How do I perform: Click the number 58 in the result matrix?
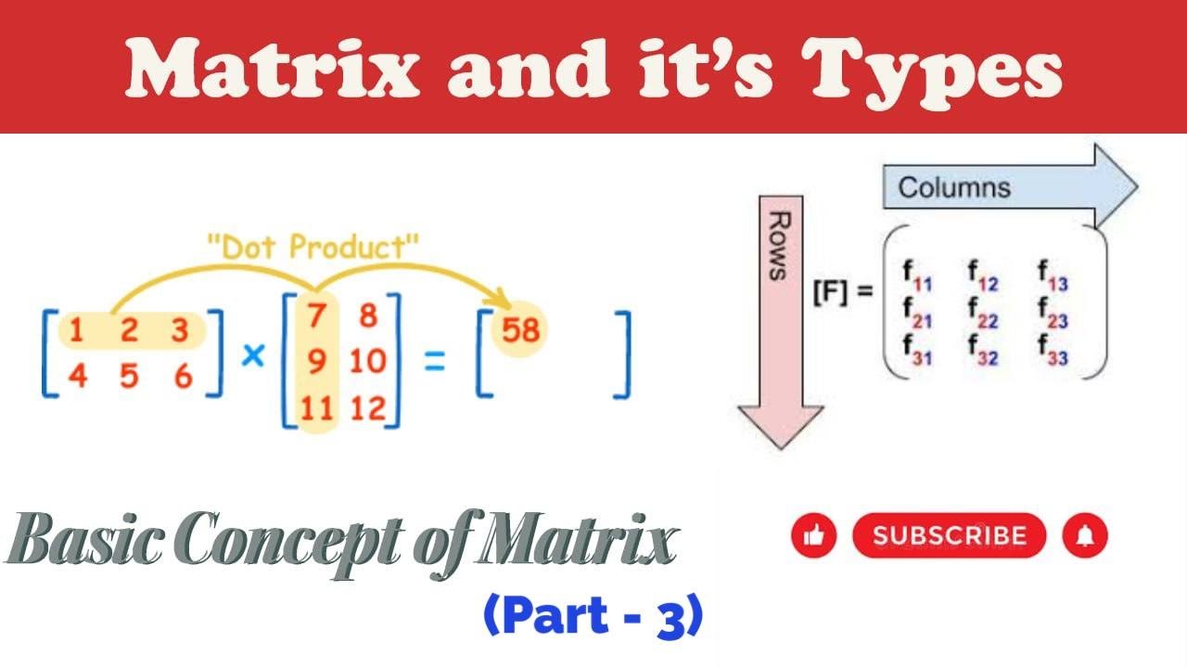coord(519,330)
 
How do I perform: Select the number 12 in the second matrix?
coord(368,407)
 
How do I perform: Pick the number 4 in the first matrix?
coord(77,377)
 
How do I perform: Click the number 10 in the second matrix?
coord(368,361)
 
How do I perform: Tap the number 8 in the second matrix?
coord(368,315)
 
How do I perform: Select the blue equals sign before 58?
coord(434,361)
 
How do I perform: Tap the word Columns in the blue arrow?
coord(954,188)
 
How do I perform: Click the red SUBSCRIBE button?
coord(949,535)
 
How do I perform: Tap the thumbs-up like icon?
coord(814,535)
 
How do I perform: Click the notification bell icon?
coord(1085,535)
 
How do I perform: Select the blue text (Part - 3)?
coord(593,619)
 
